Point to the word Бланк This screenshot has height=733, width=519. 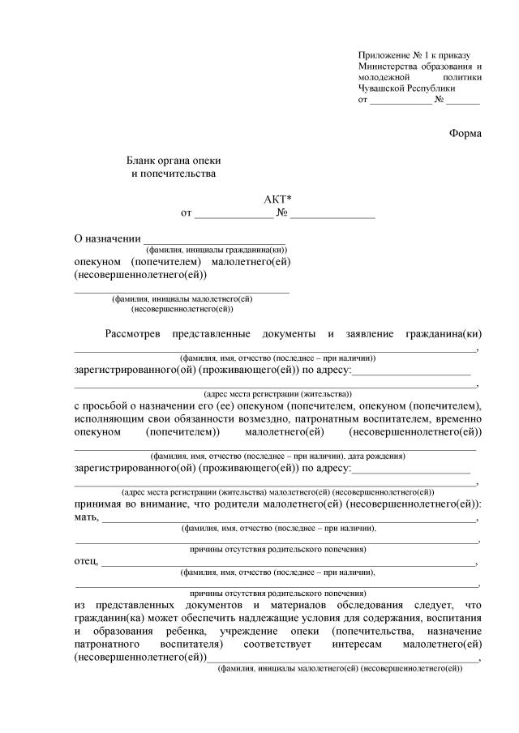click(139, 161)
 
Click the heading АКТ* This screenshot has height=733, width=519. click(277, 199)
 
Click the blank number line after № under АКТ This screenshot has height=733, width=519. click(332, 215)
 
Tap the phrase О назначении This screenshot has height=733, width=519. click(106, 238)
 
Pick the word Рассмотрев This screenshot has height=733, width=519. click(133, 334)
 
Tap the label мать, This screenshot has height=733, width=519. click(87, 517)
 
